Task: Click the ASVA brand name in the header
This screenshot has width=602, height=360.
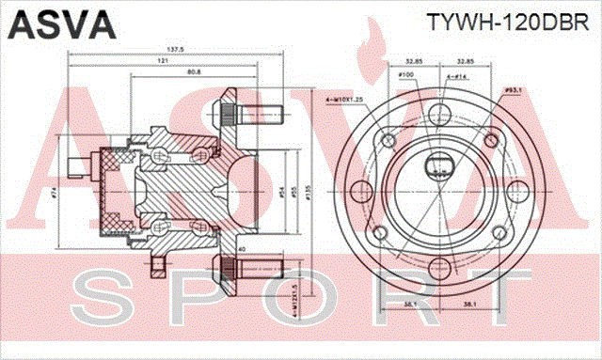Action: click(58, 21)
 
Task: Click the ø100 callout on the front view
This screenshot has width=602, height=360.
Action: click(406, 75)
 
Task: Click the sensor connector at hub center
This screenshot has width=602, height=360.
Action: click(438, 168)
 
